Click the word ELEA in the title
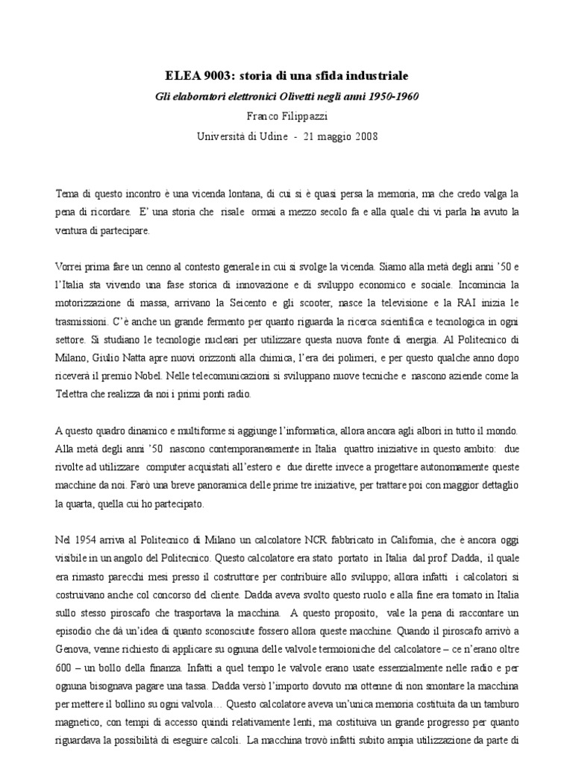181,77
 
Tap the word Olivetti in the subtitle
306,97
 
